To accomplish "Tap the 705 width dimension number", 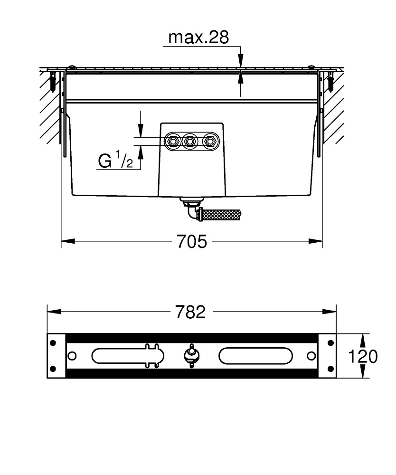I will [192, 242].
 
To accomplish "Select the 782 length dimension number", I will [190, 312].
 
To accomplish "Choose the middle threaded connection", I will [190, 141].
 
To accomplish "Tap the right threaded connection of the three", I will [209, 141].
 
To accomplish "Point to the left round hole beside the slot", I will [72, 356].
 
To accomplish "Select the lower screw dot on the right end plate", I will [329, 369].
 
